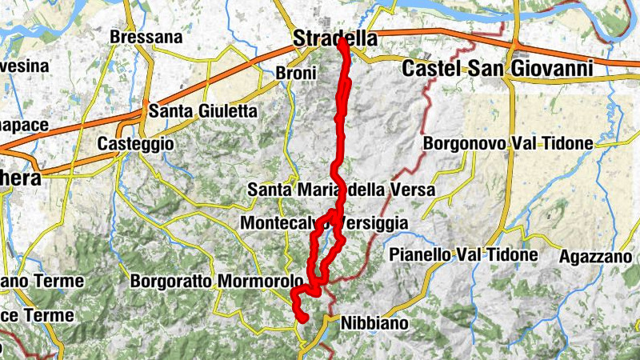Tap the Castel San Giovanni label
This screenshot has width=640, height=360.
click(497, 70)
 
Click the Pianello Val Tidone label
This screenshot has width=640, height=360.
click(462, 255)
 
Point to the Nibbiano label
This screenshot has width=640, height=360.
click(374, 324)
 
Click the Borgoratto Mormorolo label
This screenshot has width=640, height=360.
click(216, 282)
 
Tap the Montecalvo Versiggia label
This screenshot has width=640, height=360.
click(324, 222)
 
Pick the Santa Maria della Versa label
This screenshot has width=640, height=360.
click(341, 190)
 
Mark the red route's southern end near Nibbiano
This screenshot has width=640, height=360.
click(304, 318)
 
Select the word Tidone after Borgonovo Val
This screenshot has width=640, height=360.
click(566, 144)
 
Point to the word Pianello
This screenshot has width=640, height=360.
click(419, 255)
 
